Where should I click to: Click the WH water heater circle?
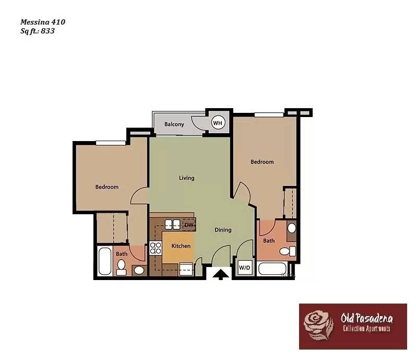218,123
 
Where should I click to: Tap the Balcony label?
174,124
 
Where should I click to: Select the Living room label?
186,178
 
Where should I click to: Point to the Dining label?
223,230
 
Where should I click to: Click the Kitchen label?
181,246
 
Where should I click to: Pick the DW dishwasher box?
189,225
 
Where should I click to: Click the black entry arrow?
221,274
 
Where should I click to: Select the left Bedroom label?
106,187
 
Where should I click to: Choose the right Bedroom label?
262,162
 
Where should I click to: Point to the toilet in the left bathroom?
122,268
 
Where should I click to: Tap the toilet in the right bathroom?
286,251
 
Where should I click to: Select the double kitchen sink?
172,225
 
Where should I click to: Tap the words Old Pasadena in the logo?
366,318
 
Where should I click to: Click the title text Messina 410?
43,22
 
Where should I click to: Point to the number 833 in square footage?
47,31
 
